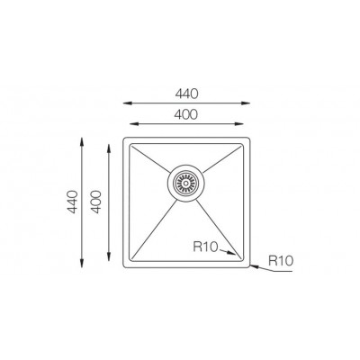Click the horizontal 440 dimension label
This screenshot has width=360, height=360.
[187, 94]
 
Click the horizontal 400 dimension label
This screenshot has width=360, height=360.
[186, 114]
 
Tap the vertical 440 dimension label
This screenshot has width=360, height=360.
[73, 202]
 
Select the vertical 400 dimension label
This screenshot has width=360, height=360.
[96, 202]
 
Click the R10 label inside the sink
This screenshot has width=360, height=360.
[205, 247]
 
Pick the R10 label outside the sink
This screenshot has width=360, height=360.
[281, 260]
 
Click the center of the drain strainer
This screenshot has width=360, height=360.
[186, 183]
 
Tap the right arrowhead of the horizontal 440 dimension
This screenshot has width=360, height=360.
[246, 103]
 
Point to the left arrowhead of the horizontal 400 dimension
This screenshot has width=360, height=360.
[134, 124]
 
